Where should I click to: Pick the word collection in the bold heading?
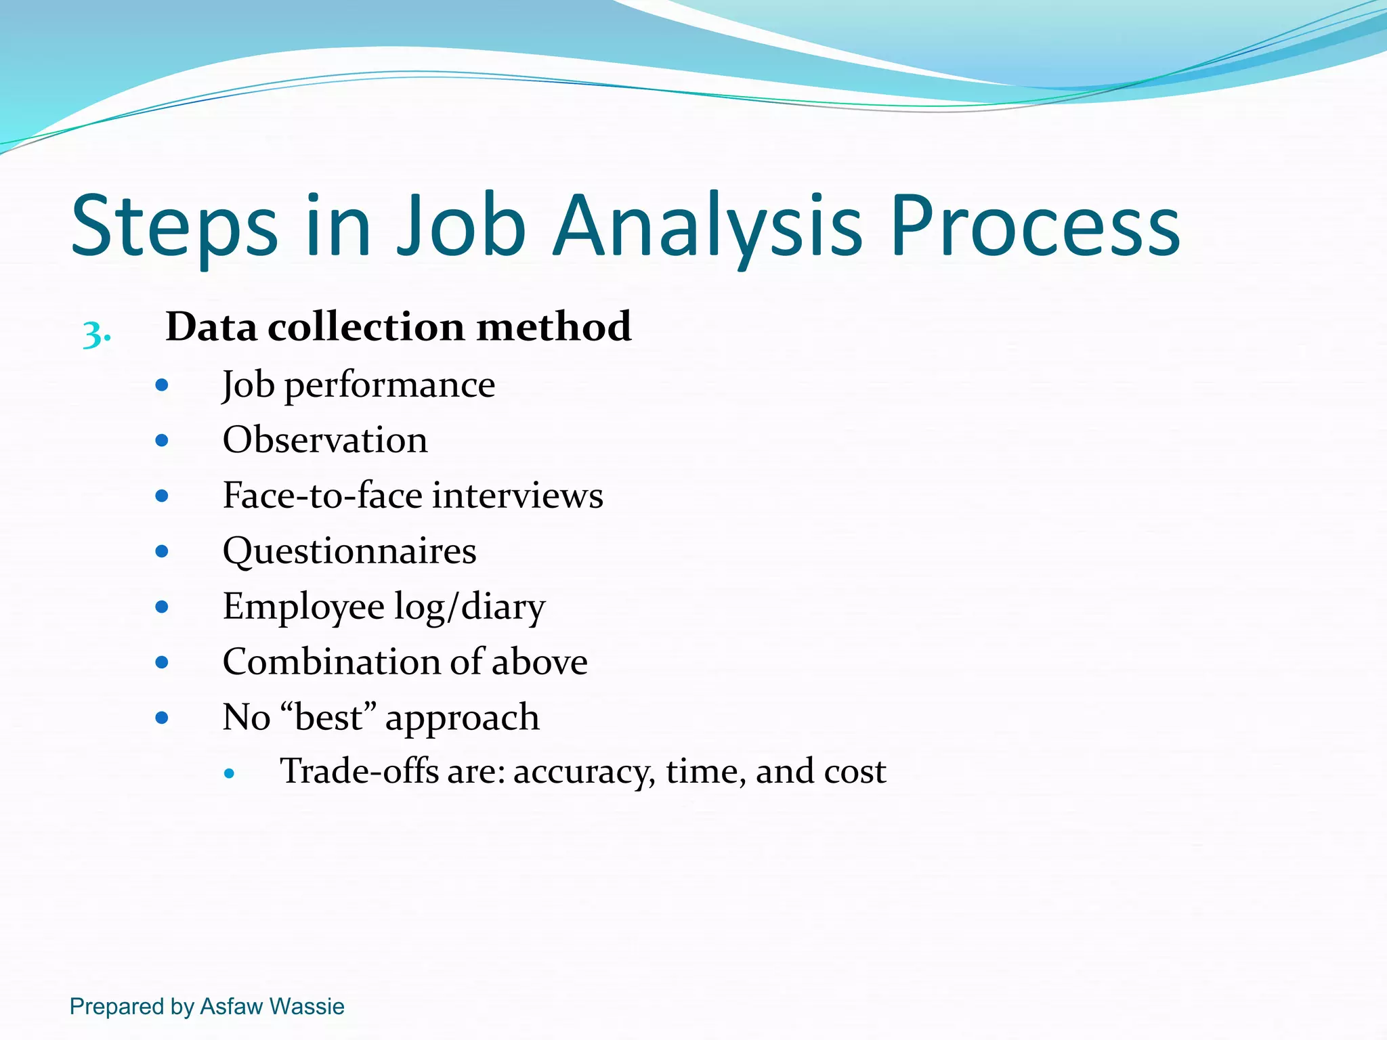[366, 327]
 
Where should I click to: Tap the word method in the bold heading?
[554, 327]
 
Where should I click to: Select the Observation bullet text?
[325, 441]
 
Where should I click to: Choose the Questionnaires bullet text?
[349, 551]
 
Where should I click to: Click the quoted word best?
[328, 718]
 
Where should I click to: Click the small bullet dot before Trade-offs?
[230, 773]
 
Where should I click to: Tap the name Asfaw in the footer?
[231, 1007]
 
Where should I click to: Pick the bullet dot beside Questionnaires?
[161, 551]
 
